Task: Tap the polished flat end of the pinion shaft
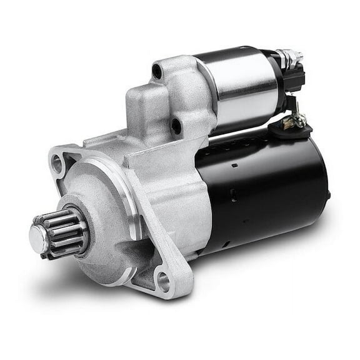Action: [37, 236]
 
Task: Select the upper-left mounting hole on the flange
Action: [58, 164]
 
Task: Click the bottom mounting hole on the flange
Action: [164, 282]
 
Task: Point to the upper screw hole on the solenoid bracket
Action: [157, 71]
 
